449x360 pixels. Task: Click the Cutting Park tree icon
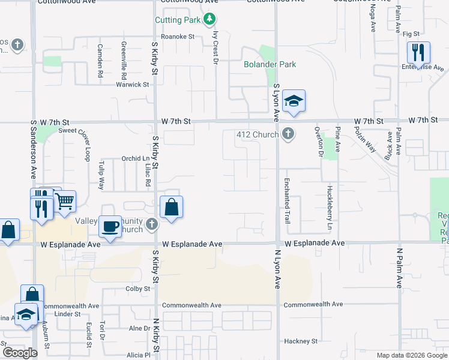209,20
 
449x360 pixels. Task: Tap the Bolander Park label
270,64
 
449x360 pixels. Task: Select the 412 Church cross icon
289,134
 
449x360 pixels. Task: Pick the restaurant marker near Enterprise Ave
418,53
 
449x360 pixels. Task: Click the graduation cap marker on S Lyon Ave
293,101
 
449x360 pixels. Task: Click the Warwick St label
133,85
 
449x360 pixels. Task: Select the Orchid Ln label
135,159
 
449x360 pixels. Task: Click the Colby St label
137,289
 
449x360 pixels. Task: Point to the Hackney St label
301,341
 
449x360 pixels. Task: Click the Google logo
20,353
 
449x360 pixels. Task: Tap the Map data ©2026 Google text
411,355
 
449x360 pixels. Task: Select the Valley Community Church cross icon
152,224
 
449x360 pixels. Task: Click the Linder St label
67,314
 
